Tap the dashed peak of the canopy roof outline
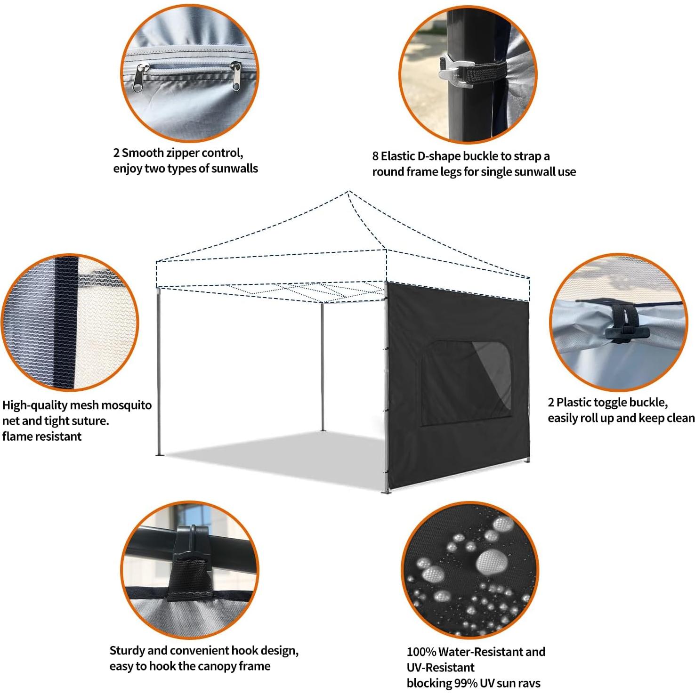coord(349,192)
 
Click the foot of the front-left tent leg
coord(158,454)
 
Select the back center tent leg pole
coord(323,367)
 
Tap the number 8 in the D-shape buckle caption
coord(375,156)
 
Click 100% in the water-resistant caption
coord(421,652)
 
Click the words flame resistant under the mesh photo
coord(42,436)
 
